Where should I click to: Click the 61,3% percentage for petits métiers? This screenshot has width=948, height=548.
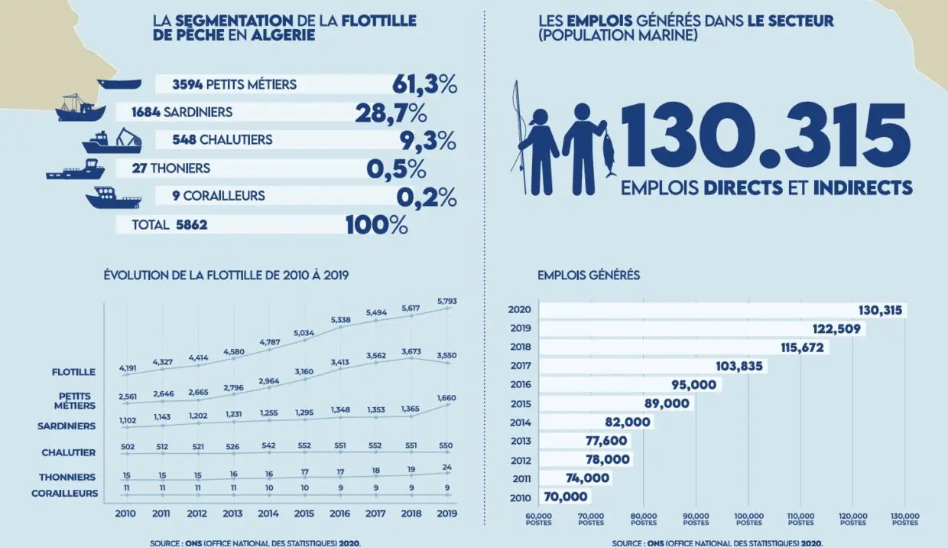(x=424, y=84)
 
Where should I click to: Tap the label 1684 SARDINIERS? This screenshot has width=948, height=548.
(x=182, y=113)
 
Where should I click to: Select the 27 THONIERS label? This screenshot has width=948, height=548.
(x=170, y=168)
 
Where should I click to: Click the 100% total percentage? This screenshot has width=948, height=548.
(x=376, y=225)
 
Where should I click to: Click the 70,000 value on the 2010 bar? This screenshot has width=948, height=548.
(x=565, y=496)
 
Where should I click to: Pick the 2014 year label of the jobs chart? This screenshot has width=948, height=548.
(x=519, y=422)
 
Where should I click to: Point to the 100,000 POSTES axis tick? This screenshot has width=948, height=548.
(x=748, y=519)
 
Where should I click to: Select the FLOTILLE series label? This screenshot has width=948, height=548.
(x=75, y=372)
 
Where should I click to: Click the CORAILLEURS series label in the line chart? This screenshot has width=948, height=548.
(x=65, y=494)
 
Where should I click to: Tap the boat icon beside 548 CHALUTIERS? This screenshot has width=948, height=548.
(x=112, y=141)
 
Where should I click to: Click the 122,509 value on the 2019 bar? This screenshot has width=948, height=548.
(x=838, y=329)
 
